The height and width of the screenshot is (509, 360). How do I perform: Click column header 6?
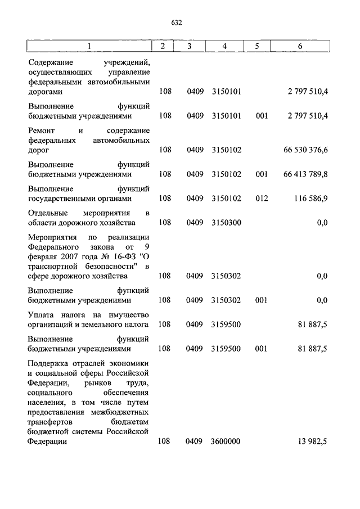coord(300,46)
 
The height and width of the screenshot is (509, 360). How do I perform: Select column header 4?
coord(224,46)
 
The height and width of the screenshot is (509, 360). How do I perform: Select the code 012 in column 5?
coord(261,199)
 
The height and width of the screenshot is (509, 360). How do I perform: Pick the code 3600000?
coord(226,442)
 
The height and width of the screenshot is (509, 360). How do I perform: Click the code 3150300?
coord(226,223)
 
